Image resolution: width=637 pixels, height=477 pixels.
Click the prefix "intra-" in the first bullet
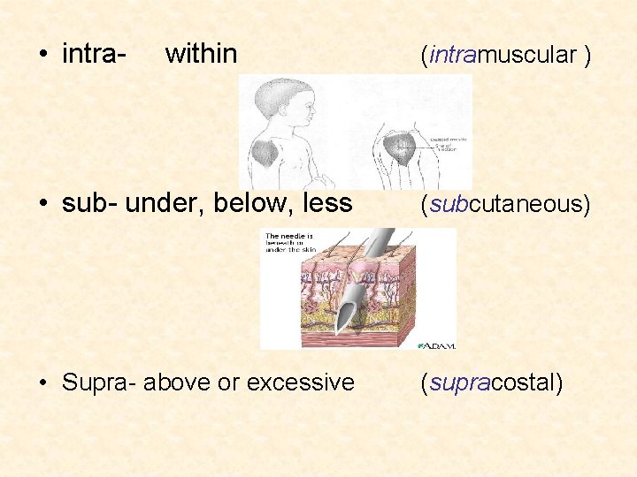pos(93,54)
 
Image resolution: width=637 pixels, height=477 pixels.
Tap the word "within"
pos(201,54)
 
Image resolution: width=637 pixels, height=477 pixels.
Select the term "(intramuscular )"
pos(505,55)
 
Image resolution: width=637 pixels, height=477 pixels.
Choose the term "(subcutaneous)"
pos(505,205)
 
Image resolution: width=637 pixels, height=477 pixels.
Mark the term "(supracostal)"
pos(492,383)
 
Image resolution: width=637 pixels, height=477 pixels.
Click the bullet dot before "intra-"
pos(43,55)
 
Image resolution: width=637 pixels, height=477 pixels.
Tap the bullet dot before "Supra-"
pos(43,383)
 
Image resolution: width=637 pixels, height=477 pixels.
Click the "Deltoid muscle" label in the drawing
pos(450,138)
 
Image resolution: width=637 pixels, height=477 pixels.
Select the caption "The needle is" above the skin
pos(288,237)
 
